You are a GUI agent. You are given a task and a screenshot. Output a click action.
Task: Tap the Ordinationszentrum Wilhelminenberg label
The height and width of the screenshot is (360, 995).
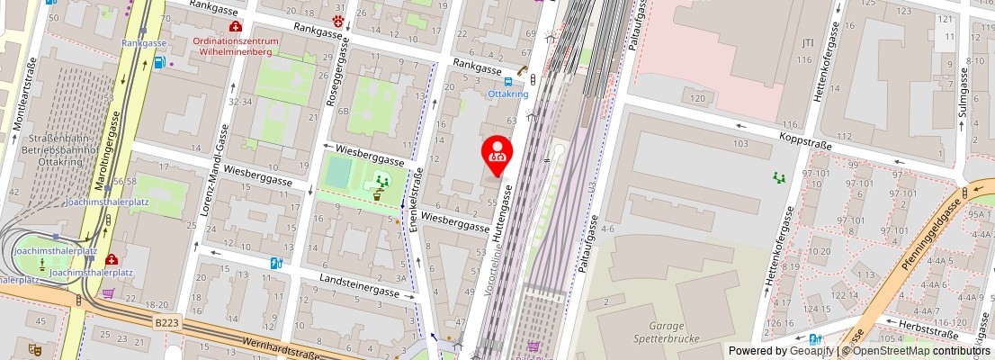pos(237,47)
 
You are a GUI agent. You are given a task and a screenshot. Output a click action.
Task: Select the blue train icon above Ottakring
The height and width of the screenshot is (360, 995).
pos(507,81)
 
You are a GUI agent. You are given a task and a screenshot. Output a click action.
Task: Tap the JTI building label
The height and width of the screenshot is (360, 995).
pos(807,42)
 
